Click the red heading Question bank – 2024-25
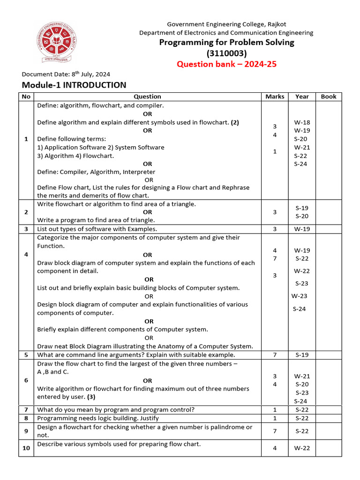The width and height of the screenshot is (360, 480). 226,64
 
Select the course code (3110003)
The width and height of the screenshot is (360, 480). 226,53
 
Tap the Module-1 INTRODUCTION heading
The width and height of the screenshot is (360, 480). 74,85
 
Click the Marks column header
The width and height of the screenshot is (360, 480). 275,97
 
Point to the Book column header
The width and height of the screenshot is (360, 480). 329,97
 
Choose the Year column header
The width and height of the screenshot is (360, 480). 302,97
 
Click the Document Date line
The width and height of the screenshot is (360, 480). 66,74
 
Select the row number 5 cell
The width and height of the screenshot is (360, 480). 26,355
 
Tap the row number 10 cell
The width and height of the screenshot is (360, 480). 26,448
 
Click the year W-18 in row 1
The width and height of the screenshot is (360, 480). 302,122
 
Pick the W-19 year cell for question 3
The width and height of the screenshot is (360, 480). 302,229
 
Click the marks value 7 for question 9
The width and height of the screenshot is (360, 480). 275,431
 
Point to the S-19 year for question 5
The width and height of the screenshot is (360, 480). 302,355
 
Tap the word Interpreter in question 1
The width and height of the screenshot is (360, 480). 139,172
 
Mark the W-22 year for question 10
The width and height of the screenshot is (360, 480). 302,448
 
